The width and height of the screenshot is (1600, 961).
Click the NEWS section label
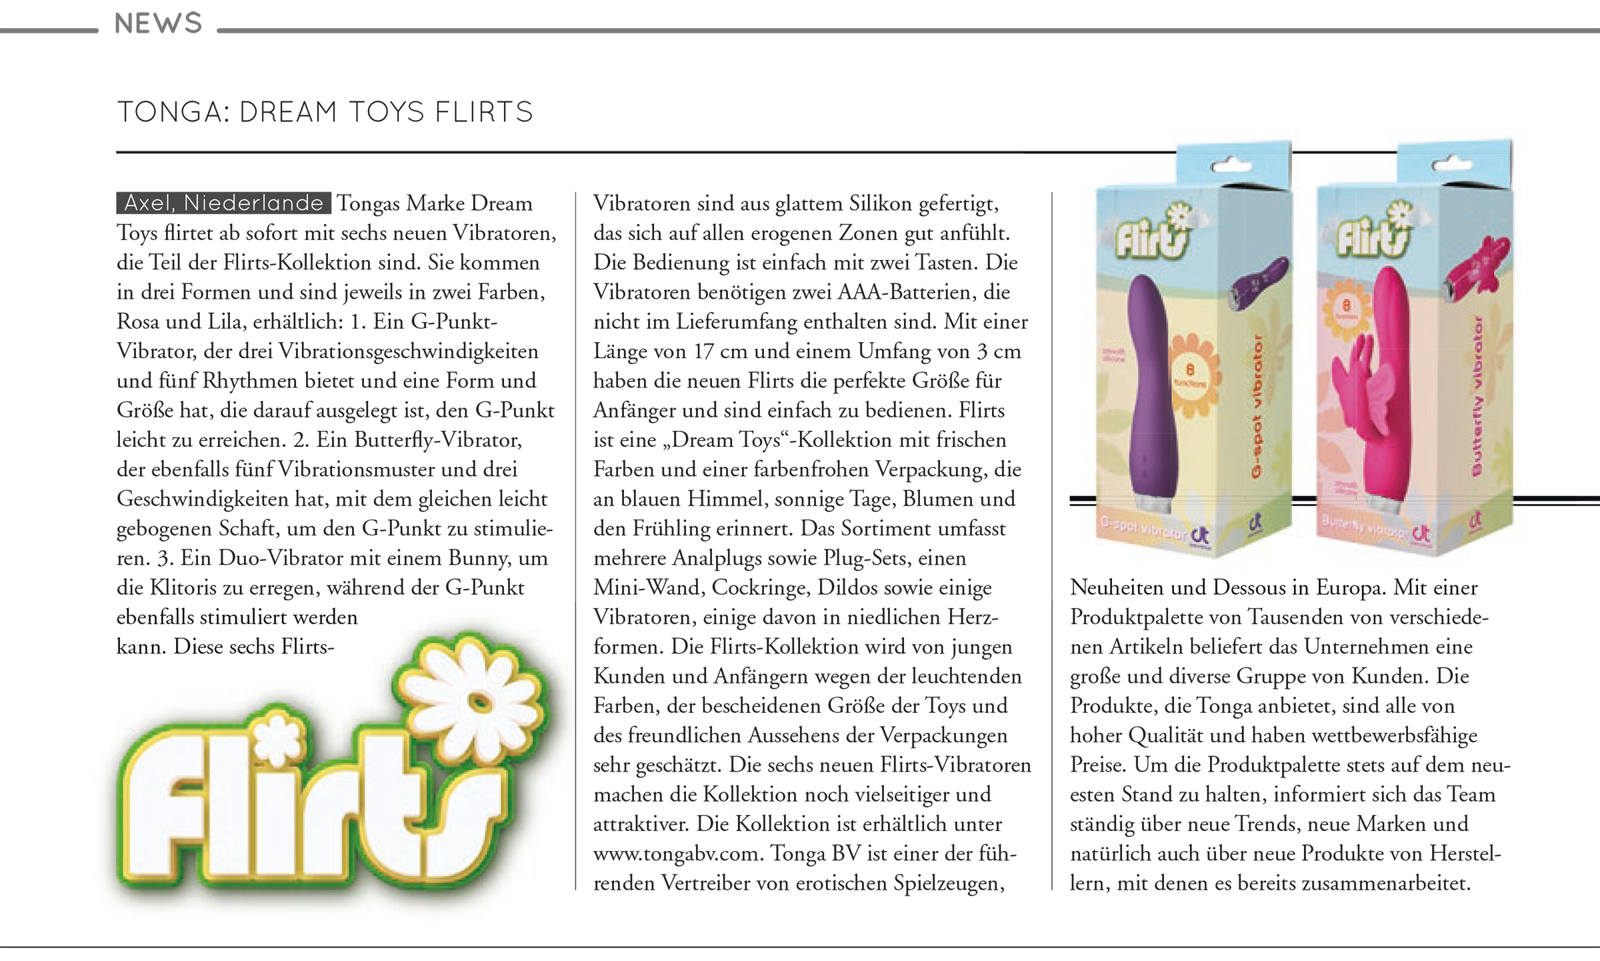click(x=158, y=24)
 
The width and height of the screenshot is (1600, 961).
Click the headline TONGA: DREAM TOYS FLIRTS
click(x=325, y=112)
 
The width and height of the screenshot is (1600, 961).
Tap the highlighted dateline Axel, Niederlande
click(x=223, y=203)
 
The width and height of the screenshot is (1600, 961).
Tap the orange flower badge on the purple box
click(x=1191, y=375)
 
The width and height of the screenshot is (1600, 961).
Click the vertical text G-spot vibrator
click(x=1257, y=407)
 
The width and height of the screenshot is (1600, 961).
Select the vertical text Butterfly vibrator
click(x=1477, y=397)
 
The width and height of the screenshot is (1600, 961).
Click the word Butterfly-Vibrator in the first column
click(x=438, y=440)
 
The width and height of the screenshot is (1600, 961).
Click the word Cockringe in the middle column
click(x=759, y=588)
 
